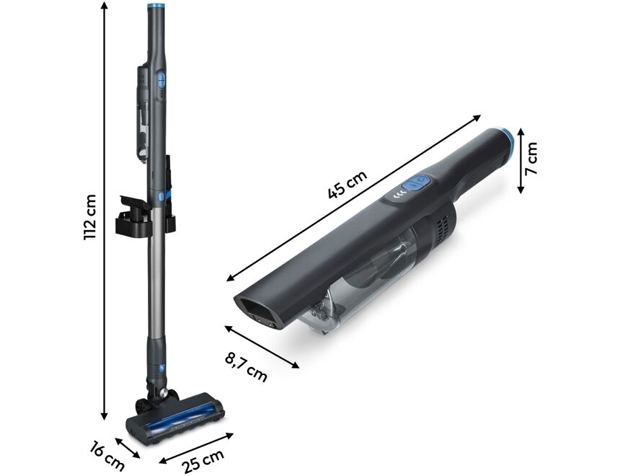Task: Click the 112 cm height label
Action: pyautogui.click(x=90, y=217)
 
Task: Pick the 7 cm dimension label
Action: pyautogui.click(x=531, y=159)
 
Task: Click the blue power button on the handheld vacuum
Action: pyautogui.click(x=416, y=184)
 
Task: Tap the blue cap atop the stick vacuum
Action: pyautogui.click(x=155, y=6)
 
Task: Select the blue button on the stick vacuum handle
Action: pyautogui.click(x=162, y=81)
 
